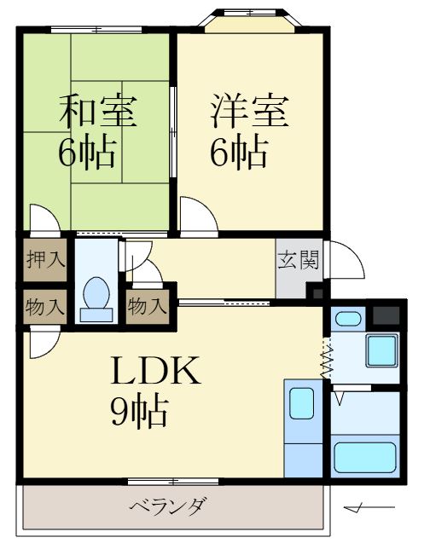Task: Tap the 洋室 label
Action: coord(249,111)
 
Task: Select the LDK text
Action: coord(156,372)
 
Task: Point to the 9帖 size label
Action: coord(138,413)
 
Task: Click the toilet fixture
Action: coord(96,298)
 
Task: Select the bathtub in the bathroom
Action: coord(364,456)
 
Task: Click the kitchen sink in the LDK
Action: coord(302,403)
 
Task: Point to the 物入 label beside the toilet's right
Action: coord(147,305)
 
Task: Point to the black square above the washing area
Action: coord(386,313)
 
